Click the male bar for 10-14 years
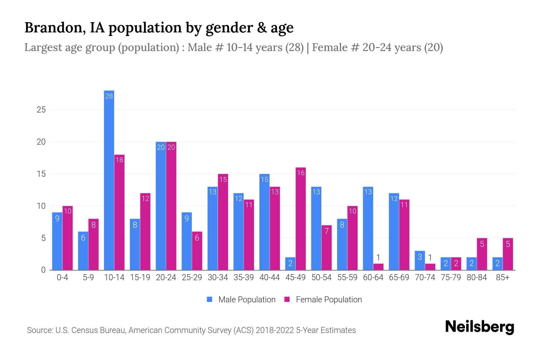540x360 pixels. pyautogui.click(x=109, y=180)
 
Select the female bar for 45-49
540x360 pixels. pyautogui.click(x=301, y=219)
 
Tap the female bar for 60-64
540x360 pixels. pyautogui.click(x=378, y=267)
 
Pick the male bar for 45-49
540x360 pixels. pyautogui.click(x=290, y=264)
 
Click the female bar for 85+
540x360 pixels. pyautogui.click(x=508, y=254)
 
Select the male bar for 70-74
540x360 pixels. pyautogui.click(x=420, y=260)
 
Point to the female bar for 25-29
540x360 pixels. pyautogui.click(x=197, y=251)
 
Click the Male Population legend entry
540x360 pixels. pyautogui.click(x=241, y=300)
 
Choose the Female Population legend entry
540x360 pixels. pyautogui.click(x=323, y=300)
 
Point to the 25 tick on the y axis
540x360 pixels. pyautogui.click(x=41, y=110)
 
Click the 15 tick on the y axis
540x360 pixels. pyautogui.click(x=41, y=174)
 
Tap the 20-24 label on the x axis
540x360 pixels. pyautogui.click(x=166, y=277)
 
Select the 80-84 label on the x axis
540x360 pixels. pyautogui.click(x=477, y=277)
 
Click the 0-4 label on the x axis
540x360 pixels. pyautogui.click(x=62, y=277)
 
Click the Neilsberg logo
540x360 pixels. pyautogui.click(x=479, y=327)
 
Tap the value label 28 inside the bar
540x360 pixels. pyautogui.click(x=109, y=96)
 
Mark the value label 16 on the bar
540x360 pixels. pyautogui.click(x=301, y=173)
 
